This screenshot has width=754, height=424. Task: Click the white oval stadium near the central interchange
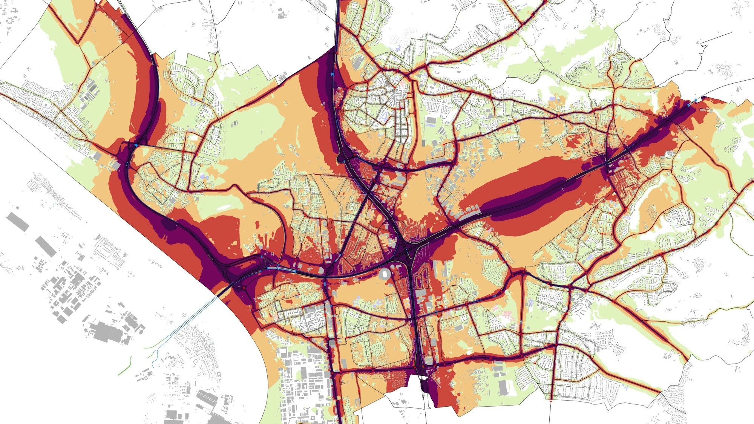tap(385, 274)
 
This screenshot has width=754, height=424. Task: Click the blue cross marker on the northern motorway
tap(333, 75)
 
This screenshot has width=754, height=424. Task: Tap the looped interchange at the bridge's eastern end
tap(241, 269)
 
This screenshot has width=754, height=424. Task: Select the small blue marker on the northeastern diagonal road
tap(461, 60)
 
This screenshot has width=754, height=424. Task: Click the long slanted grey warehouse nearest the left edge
tap(17, 222)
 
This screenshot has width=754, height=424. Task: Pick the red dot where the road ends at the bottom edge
tap(551, 401)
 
